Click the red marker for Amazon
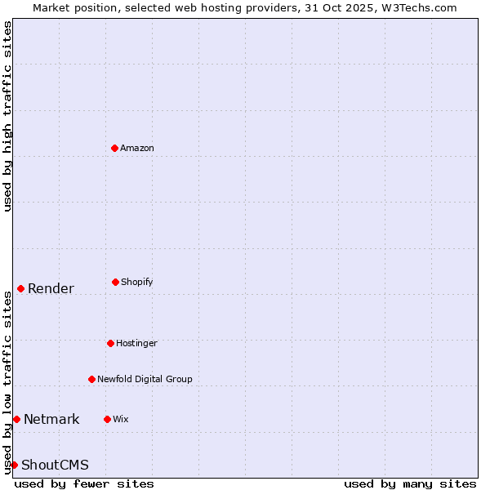tap(114, 148)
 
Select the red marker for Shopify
tap(115, 282)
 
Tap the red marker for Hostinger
tap(110, 343)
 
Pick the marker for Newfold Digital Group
tap(91, 379)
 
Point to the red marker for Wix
tap(107, 419)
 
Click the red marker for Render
tap(20, 288)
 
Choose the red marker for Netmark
tap(16, 419)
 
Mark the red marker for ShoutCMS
tap(14, 465)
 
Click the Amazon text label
tap(137, 148)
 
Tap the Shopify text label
tap(137, 282)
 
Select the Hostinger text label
tap(136, 343)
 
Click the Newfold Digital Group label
tap(145, 379)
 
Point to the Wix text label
tap(121, 419)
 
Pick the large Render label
tap(51, 288)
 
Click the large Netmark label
tap(51, 419)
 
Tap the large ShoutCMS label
tap(55, 465)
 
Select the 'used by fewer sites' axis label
tap(84, 483)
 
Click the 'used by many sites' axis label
tap(410, 483)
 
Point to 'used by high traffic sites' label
tap(7, 116)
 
